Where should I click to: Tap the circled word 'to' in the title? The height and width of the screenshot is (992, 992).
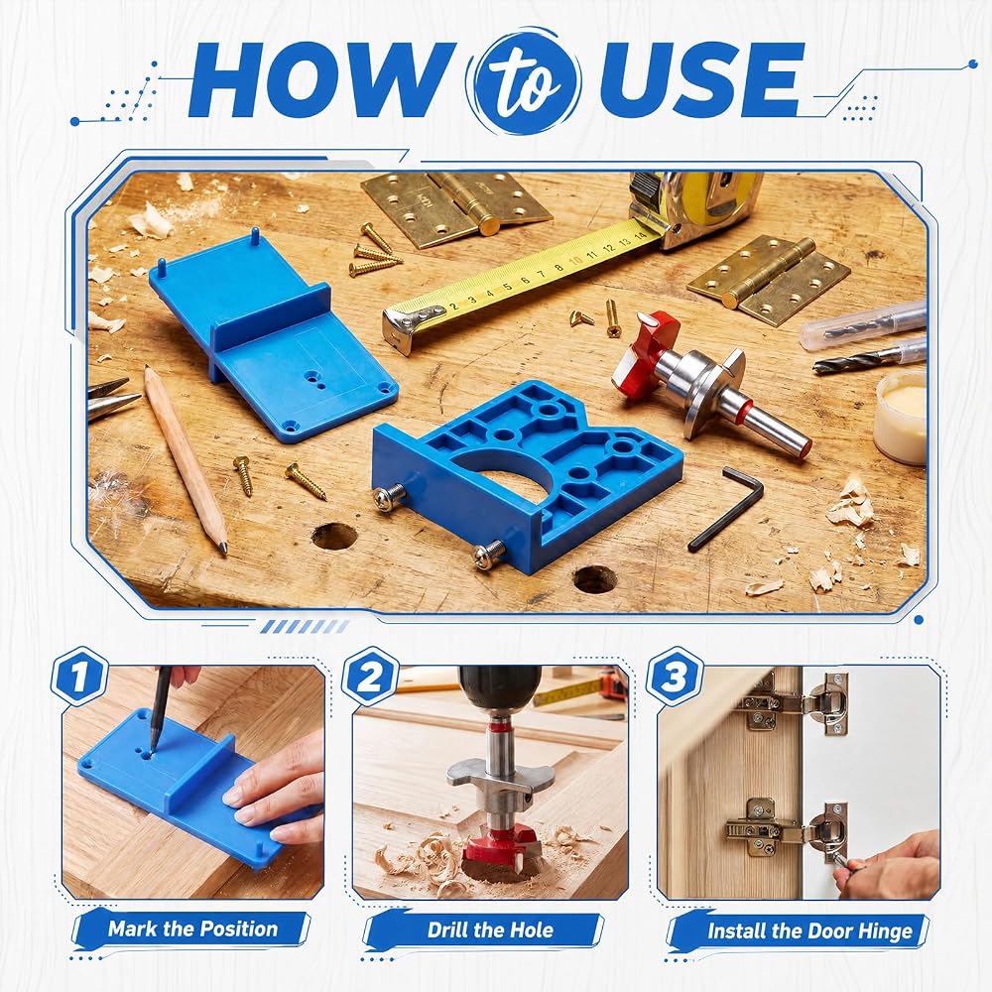[x=523, y=81]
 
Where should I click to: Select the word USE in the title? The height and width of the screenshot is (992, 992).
[x=700, y=79]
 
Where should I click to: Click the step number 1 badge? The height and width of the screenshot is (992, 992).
[x=79, y=676]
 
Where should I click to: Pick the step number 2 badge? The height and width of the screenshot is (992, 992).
[x=370, y=676]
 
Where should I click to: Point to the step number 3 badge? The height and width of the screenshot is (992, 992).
[x=675, y=676]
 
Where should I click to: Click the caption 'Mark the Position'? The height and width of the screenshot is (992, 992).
[x=193, y=929]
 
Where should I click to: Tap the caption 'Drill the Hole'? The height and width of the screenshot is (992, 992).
[x=490, y=930]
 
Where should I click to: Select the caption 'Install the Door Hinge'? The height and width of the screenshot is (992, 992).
[x=809, y=931]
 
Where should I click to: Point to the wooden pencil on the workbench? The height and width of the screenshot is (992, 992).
[x=185, y=460]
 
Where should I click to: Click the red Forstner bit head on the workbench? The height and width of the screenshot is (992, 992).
[x=646, y=350]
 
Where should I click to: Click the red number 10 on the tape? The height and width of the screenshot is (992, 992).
[x=575, y=261]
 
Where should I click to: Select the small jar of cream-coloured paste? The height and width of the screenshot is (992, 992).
[x=901, y=417]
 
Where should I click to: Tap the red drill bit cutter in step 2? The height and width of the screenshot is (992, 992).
[x=501, y=849]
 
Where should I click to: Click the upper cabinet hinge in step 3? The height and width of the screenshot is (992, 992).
[x=795, y=703]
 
